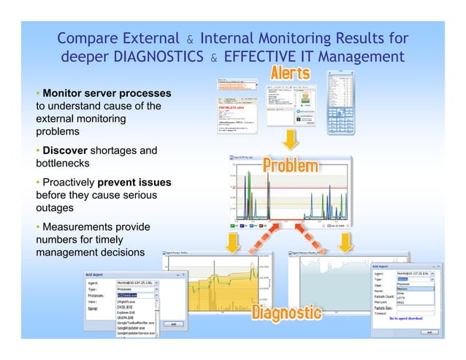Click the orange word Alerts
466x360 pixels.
[x=291, y=73]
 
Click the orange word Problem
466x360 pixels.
[x=290, y=165]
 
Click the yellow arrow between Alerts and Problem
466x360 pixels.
[x=290, y=139]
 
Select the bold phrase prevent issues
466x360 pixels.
[x=136, y=182]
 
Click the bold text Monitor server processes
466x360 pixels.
[x=107, y=93]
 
